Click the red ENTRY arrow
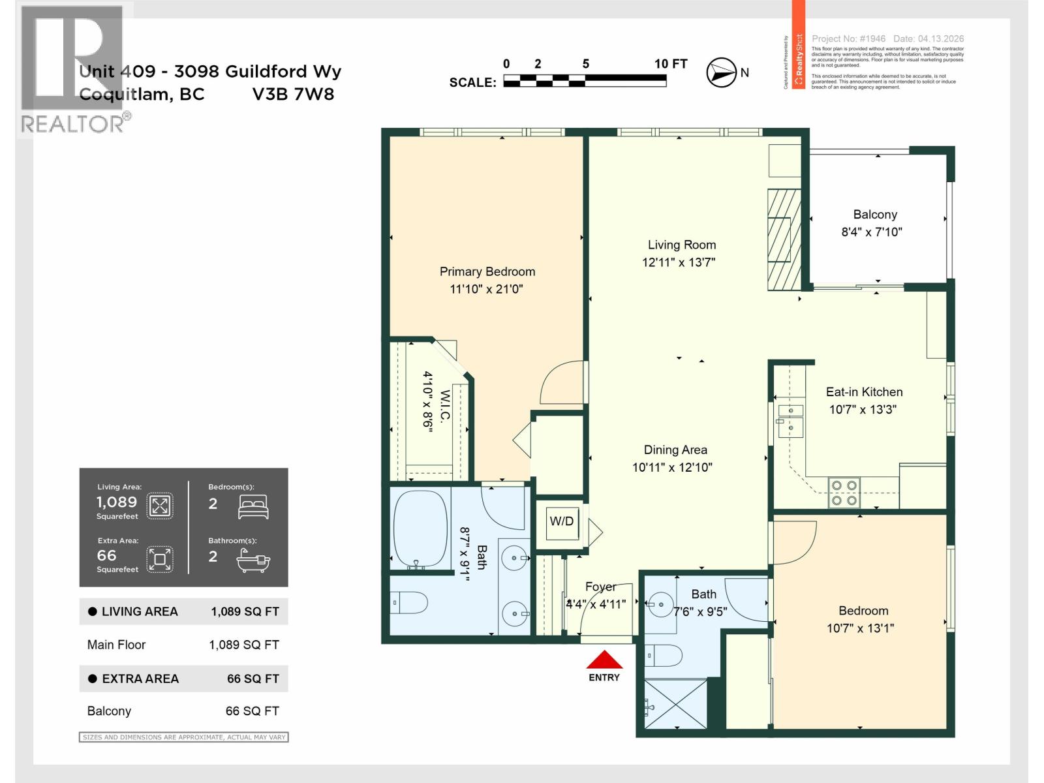pyautogui.click(x=604, y=660)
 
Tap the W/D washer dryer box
pyautogui.click(x=562, y=521)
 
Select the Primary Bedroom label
pyautogui.click(x=487, y=271)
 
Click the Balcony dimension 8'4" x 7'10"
pyautogui.click(x=871, y=232)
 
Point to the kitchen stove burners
pyautogui.click(x=844, y=493)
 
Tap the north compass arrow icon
pyautogui.click(x=722, y=72)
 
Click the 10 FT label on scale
pyautogui.click(x=670, y=64)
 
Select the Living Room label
pyautogui.click(x=681, y=245)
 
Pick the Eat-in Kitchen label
pyautogui.click(x=864, y=391)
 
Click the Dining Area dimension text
pyautogui.click(x=671, y=467)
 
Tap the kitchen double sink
pyautogui.click(x=790, y=420)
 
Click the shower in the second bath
pyautogui.click(x=675, y=704)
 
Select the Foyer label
pyautogui.click(x=600, y=587)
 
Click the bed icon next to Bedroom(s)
pyautogui.click(x=253, y=506)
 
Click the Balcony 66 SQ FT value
pyautogui.click(x=252, y=711)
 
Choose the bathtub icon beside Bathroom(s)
pyautogui.click(x=253, y=560)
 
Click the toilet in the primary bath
pyautogui.click(x=410, y=602)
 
